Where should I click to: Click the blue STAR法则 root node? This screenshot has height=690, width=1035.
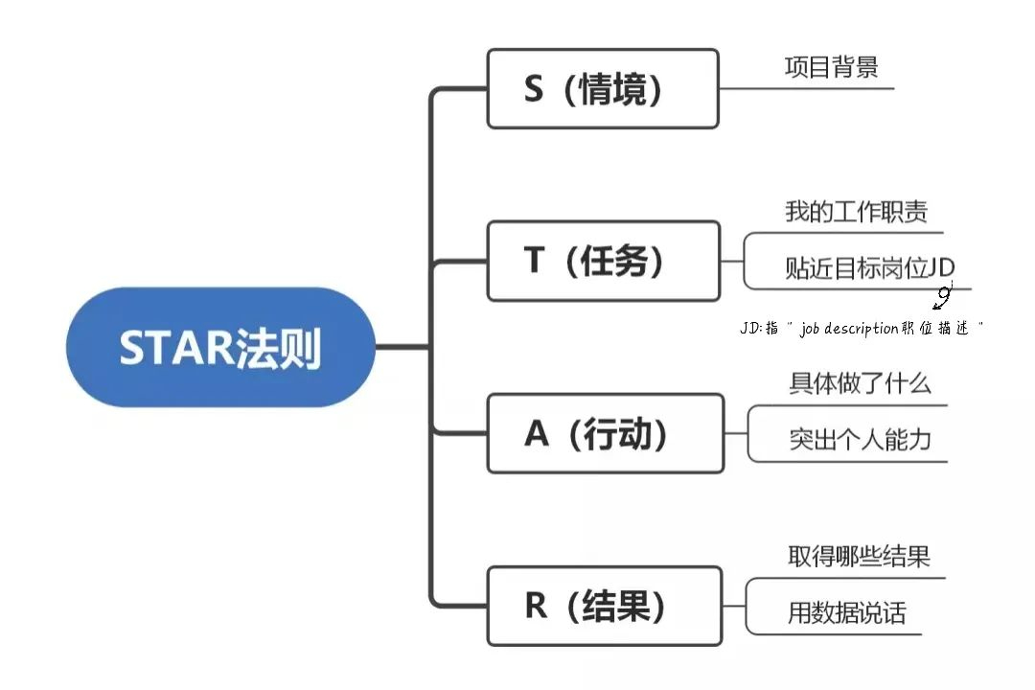click(220, 347)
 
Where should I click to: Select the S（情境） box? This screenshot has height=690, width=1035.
click(603, 88)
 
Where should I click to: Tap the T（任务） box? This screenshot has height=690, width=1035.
click(604, 261)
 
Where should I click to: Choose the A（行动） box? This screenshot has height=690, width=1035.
click(606, 433)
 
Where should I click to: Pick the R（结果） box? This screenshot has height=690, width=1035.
click(605, 606)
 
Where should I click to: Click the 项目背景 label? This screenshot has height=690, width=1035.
click(831, 67)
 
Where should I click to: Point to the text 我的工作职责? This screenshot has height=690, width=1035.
click(856, 211)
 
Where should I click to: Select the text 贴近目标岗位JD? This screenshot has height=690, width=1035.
click(869, 267)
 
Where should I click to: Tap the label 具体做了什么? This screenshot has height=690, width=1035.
click(860, 383)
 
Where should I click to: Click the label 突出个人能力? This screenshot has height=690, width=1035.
click(860, 439)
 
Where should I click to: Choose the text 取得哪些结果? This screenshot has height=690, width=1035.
click(858, 556)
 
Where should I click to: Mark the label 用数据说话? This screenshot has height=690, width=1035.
click(846, 612)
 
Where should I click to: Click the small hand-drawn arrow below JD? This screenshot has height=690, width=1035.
click(944, 296)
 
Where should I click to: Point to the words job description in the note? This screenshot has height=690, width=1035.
click(849, 328)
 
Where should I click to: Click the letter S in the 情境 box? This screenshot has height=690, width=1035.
click(534, 88)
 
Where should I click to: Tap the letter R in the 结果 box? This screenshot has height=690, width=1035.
click(536, 606)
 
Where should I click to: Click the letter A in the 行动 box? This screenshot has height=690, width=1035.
click(536, 434)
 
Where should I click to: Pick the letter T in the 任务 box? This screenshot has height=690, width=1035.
click(534, 260)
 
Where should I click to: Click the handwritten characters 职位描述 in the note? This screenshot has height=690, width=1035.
click(935, 328)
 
